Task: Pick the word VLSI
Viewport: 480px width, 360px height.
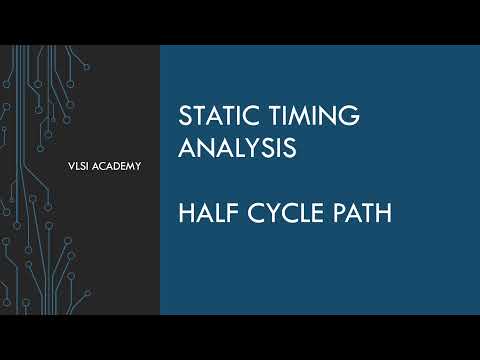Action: (74, 165)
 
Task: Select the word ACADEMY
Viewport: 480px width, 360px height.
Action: (116, 165)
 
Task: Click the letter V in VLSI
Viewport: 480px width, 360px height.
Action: (65, 165)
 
